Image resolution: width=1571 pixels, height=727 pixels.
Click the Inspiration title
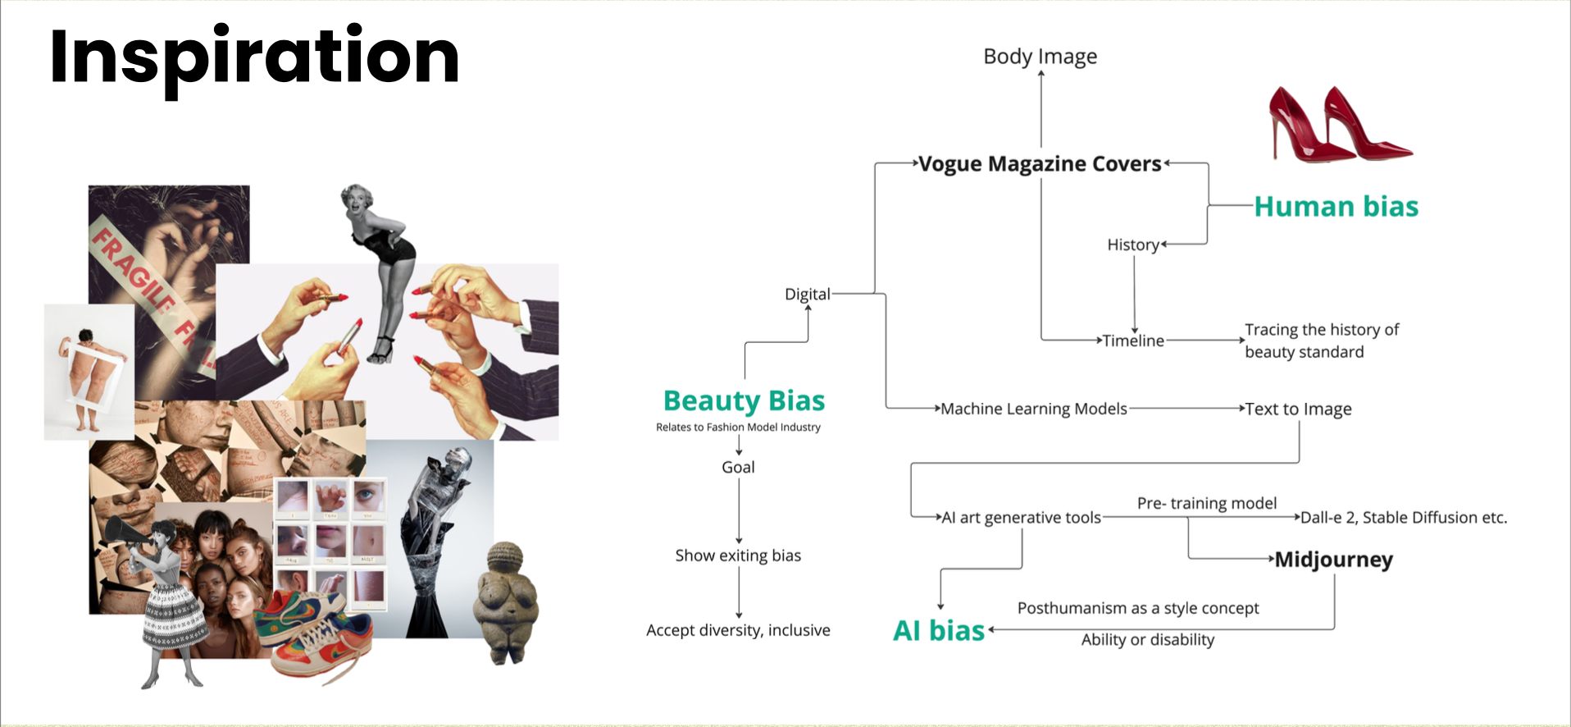coord(254,57)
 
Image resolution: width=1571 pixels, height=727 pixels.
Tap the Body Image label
coord(1040,57)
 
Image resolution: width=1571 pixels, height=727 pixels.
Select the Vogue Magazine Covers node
coord(1040,164)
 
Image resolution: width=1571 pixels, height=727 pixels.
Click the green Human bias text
coord(1336,207)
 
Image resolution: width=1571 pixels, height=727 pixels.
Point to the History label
coord(1132,245)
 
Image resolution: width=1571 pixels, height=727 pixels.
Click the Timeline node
coord(1132,341)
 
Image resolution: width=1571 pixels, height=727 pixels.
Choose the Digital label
coord(807,294)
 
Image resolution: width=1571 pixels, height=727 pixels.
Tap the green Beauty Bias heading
coord(744,400)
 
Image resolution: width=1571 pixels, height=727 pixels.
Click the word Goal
coord(738,467)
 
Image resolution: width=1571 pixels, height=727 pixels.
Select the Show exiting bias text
coord(738,556)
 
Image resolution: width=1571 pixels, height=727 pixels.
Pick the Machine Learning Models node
coord(1033,409)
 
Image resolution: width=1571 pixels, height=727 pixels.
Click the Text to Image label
coord(1298,409)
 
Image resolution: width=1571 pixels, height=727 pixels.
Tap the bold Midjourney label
coord(1333,560)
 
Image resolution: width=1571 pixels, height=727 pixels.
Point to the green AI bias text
coord(939,630)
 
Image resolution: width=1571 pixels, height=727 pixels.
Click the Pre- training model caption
coord(1206,503)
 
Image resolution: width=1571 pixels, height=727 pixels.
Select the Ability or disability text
coord(1147,640)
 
